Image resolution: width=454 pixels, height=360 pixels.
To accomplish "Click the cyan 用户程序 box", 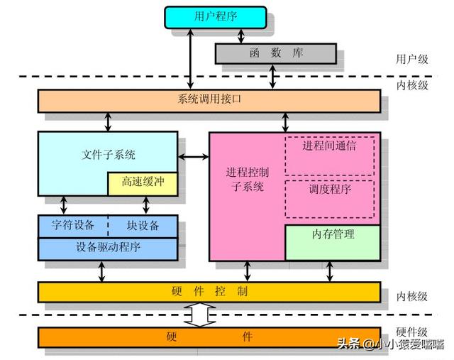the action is pos(216,17).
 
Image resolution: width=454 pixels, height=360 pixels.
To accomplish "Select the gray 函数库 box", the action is pos(276,53).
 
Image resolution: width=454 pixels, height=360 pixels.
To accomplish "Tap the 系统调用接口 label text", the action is pos(209,99).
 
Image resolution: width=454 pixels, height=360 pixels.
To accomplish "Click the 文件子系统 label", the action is pos(109,155).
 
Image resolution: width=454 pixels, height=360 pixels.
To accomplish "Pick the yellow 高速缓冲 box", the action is pos(143,184).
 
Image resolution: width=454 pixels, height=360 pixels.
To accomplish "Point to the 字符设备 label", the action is pos(73,225).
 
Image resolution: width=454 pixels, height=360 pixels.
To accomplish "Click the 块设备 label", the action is pos(143,225).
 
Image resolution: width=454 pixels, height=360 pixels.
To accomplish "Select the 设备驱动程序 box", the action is pos(108,249).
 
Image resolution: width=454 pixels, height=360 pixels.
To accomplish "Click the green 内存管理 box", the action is pos(333,243).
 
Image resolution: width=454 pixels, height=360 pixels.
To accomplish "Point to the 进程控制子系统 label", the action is pos(248,180).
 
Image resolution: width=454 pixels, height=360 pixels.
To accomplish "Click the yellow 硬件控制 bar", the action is pos(209,292).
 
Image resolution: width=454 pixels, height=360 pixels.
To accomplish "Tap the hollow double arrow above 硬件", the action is pos(200,315).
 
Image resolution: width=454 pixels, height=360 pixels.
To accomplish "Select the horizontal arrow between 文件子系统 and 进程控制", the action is pos(194,157).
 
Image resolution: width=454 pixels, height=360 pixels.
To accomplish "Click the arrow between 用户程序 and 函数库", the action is pos(241,36).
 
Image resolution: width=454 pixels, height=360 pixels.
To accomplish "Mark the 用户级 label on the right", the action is pos(411,59).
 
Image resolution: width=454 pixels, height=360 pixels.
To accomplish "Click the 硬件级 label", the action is pos(411,332).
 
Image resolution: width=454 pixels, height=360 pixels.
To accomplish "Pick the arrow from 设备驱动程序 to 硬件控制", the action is pos(101,271).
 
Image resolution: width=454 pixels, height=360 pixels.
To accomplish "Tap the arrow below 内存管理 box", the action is pos(329,271).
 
